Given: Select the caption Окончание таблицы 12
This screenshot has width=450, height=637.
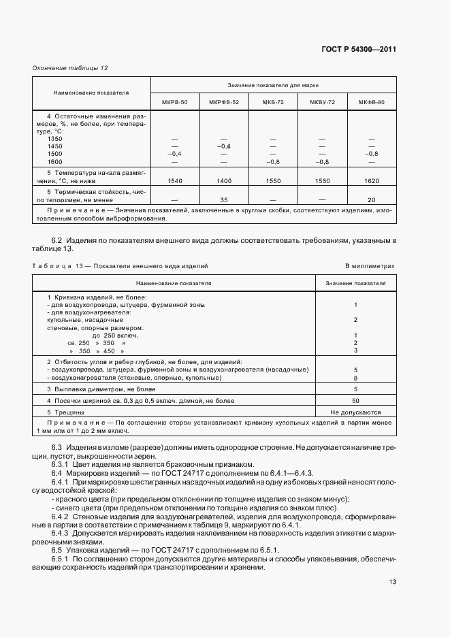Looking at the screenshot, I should pos(70,68).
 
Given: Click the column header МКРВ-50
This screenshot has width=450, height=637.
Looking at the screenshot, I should pos(175,102).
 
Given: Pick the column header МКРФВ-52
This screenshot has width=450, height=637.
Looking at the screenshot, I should pos(224,102).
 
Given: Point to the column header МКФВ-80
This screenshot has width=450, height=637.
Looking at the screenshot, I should pos(372,102).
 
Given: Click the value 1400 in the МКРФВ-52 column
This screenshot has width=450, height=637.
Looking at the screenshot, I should pos(224,181).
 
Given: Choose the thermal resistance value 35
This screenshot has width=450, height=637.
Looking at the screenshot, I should pos(224,200).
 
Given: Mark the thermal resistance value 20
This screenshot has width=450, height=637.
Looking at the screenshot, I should pos(372,200).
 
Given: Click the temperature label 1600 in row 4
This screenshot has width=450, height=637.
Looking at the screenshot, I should pos(54,162).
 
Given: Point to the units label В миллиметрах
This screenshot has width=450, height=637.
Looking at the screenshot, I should pos(370,267).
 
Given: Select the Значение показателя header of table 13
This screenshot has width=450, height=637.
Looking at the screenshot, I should pos(355,282).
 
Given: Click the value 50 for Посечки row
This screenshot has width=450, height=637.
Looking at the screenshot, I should pos(355,401).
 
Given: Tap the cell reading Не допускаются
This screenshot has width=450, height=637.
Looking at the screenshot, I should pos(355,412).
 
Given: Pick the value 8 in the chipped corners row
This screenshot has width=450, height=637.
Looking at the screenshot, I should pos(355,377).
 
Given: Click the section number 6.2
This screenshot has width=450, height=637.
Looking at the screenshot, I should pos(57,241).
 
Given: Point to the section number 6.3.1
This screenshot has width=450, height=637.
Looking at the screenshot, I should pos(62,463).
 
